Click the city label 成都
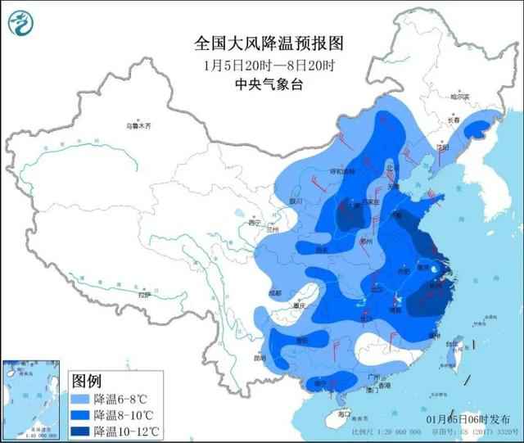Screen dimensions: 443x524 [x=273, y=292]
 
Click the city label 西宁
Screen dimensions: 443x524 [x=255, y=222]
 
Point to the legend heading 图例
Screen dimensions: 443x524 [x=86, y=381]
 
